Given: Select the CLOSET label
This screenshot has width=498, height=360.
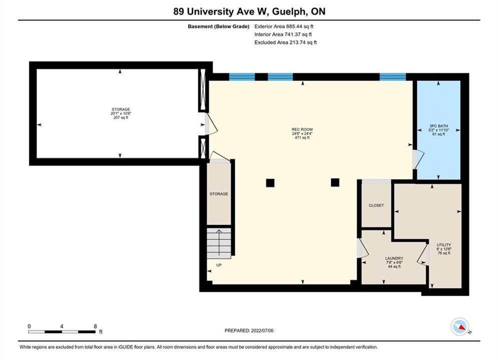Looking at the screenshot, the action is click(x=376, y=205).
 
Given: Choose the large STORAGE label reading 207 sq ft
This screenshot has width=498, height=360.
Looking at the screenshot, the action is click(x=121, y=113).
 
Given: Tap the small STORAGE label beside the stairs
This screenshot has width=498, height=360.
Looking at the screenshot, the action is click(x=219, y=194).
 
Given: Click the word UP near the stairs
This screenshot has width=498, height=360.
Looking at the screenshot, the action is click(x=219, y=265).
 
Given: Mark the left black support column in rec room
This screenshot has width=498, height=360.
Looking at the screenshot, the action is click(x=270, y=183).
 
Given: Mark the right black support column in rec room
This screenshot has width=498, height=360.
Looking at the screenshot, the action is click(x=335, y=182).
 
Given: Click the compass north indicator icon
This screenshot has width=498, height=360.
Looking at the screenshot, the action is click(x=459, y=326).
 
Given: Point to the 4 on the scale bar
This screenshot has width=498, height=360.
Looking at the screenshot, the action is click(x=62, y=326).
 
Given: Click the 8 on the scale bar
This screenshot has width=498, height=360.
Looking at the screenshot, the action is click(x=95, y=326).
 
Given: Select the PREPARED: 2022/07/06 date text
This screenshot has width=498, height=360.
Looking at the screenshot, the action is click(x=249, y=330).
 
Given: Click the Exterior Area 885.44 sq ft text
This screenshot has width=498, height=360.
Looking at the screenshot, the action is click(x=284, y=26).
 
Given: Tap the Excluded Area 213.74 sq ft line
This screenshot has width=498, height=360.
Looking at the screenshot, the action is click(x=285, y=42).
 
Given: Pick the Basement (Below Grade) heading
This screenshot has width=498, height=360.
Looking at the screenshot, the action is click(x=219, y=26).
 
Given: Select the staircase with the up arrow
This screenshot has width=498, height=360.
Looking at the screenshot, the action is click(x=219, y=243).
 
